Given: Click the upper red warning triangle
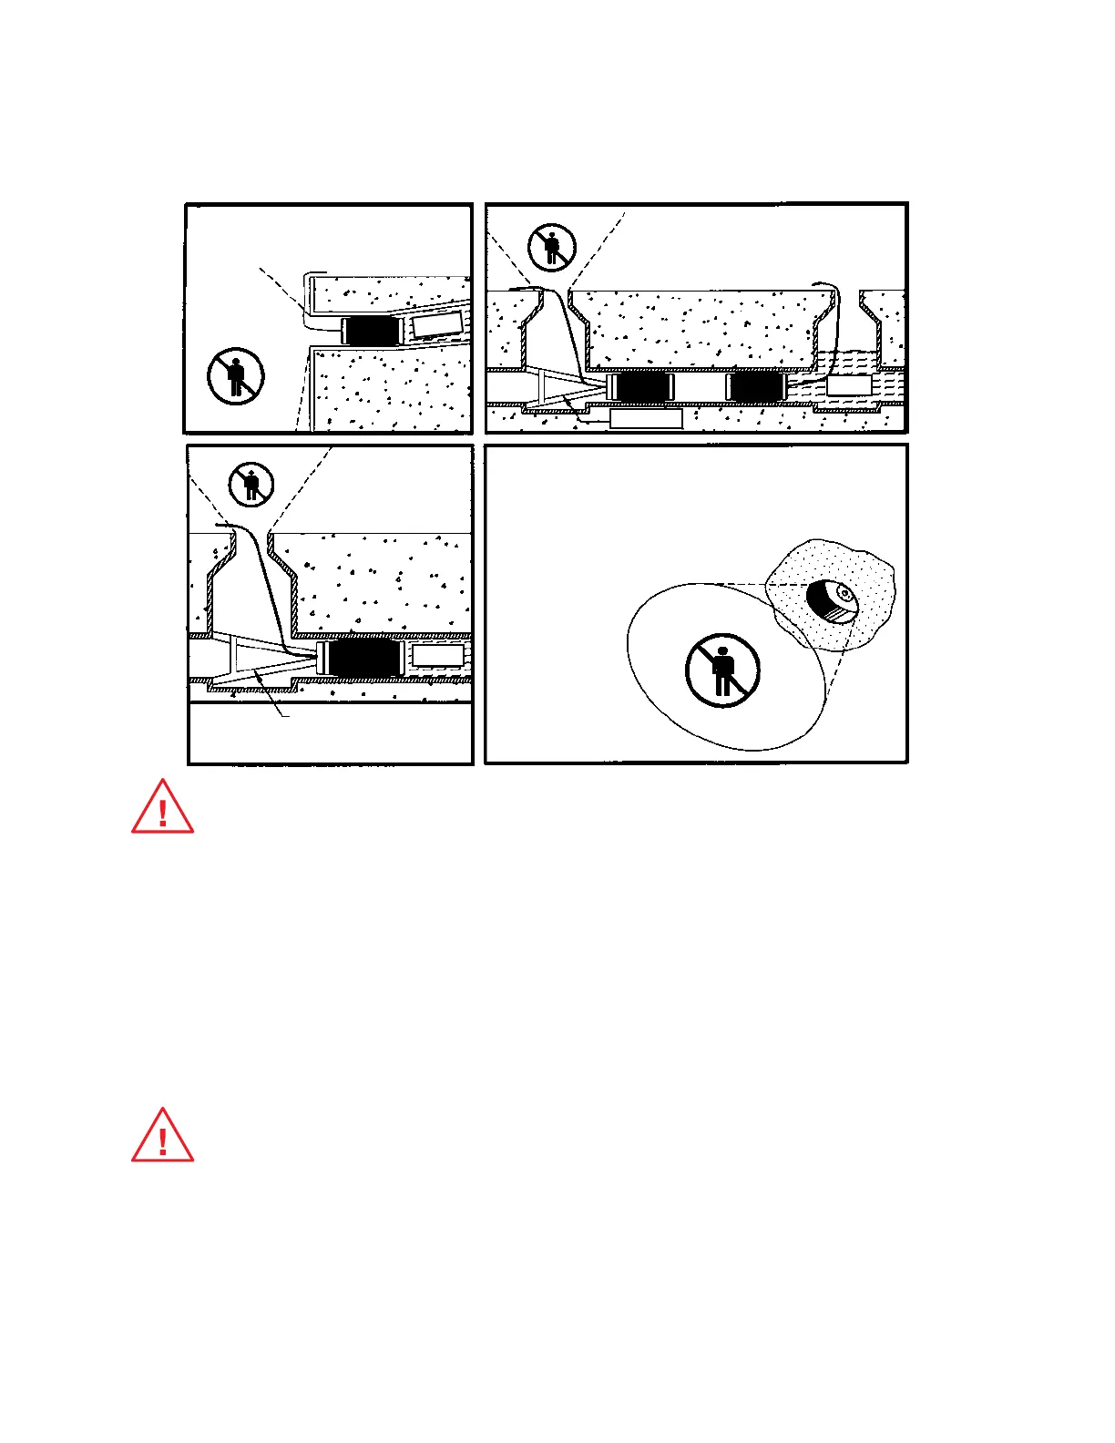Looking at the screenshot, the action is tap(162, 809).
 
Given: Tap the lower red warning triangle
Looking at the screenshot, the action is tap(162, 1138).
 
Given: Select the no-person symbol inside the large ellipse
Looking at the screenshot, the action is tap(722, 670).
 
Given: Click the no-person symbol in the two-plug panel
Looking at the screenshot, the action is tap(552, 247).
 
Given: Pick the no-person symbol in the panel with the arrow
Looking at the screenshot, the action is tap(251, 484).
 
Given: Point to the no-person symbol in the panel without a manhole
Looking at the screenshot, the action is tap(235, 375).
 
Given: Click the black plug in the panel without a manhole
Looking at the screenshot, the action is tap(372, 330).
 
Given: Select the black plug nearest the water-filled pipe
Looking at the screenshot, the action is tap(755, 387).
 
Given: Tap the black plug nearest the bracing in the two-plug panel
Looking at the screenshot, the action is tap(641, 387).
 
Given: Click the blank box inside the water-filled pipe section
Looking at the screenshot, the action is tap(850, 384).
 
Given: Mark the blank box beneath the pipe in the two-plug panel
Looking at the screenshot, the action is tap(645, 418).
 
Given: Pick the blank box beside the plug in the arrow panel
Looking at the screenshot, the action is tap(438, 654).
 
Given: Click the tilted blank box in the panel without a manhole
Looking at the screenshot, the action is tap(438, 324).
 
